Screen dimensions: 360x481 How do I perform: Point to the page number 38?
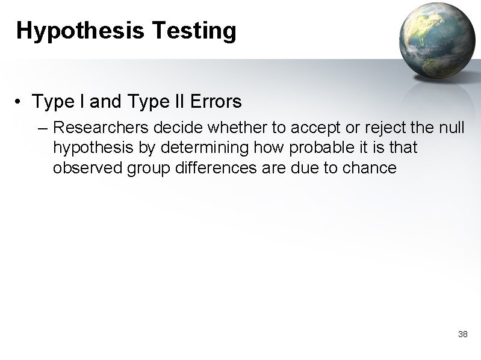[463, 334]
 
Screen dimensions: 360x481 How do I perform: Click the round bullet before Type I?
[20, 102]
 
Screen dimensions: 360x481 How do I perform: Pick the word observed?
[88, 167]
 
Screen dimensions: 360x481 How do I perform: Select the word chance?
[369, 167]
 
